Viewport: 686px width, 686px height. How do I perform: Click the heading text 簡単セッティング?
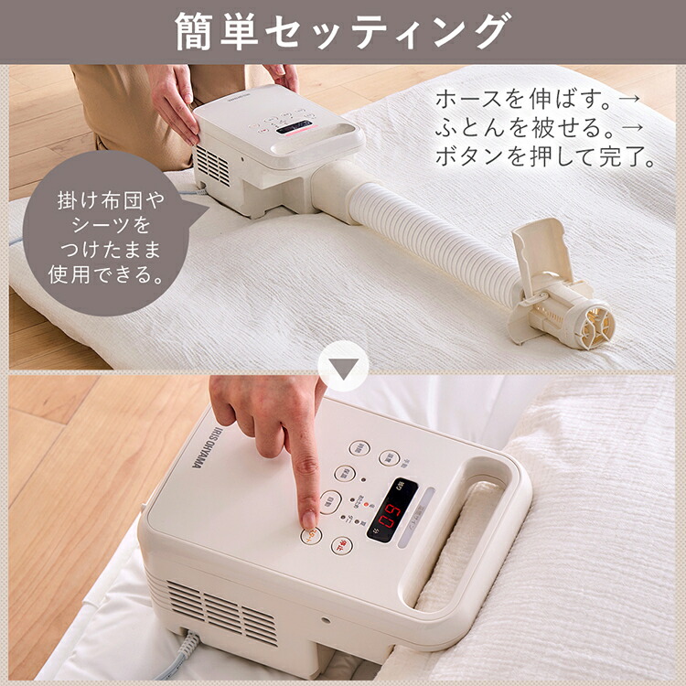coord(342,31)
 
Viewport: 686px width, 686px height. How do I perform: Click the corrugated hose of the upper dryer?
coord(430,238)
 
